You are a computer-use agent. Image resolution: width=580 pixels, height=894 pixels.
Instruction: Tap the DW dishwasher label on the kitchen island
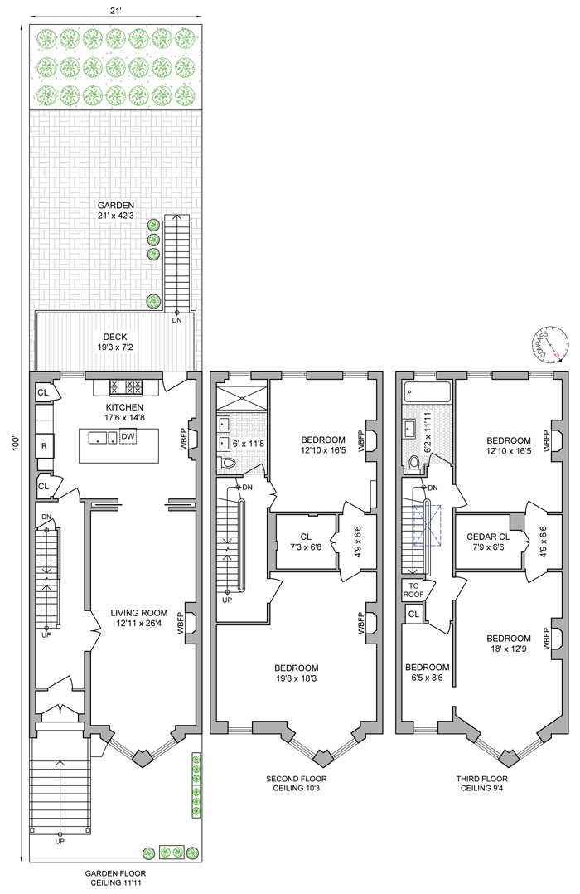pos(128,436)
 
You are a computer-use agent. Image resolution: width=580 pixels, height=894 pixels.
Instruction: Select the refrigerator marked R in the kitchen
pos(44,446)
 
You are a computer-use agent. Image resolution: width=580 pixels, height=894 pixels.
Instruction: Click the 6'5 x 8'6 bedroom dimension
pos(427,678)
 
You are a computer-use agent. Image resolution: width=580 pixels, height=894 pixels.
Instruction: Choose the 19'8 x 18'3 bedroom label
pos(296,673)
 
